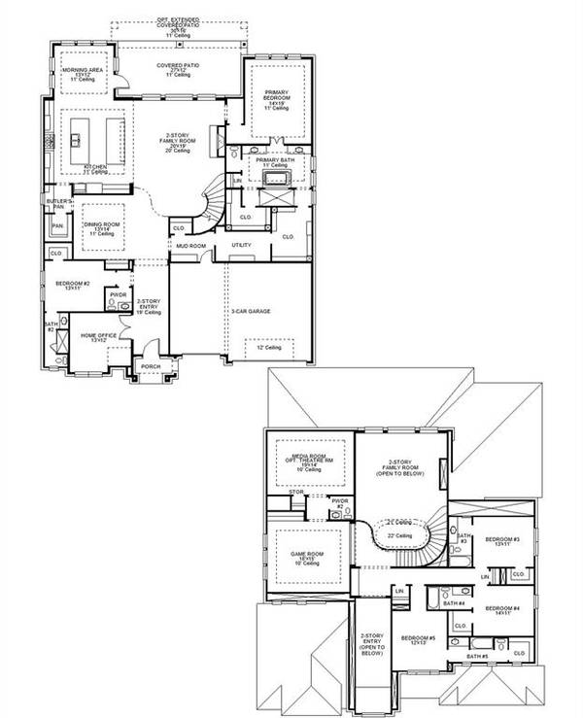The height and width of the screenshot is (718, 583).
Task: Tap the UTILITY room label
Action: click(241, 245)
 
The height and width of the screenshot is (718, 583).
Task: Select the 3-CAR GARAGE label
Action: click(250, 311)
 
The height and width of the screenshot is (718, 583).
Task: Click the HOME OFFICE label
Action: click(98, 337)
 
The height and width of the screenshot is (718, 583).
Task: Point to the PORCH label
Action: click(151, 367)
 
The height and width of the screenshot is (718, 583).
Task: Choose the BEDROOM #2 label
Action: click(72, 285)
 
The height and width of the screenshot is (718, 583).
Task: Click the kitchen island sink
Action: click(77, 140)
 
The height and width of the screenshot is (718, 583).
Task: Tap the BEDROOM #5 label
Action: click(418, 639)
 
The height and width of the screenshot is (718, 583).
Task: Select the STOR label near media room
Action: click(298, 493)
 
